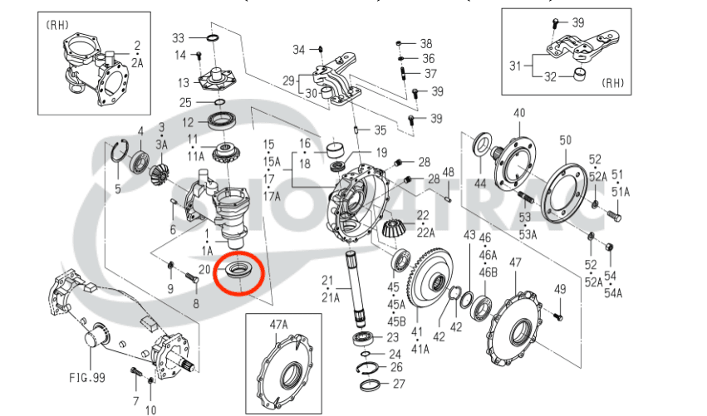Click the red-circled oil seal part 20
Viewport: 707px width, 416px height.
[239, 272]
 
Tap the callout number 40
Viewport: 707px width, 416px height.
[519, 113]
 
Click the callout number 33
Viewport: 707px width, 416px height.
[179, 38]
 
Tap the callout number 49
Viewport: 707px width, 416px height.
[559, 288]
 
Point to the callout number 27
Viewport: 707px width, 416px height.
[398, 384]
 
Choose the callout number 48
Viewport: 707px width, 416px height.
[448, 172]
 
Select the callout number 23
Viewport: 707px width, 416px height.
[393, 337]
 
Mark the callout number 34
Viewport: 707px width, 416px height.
[299, 50]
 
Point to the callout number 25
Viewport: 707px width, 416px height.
[186, 102]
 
